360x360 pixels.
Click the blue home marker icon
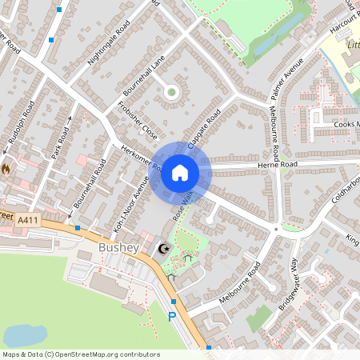[x=180, y=173]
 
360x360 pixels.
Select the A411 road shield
[x=28, y=220]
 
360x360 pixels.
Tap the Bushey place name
[x=118, y=248]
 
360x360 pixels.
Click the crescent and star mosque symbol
[x=165, y=250]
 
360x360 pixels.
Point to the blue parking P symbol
[x=171, y=318]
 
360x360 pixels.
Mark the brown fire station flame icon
[x=6, y=170]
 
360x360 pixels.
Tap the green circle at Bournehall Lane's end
[x=171, y=92]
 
